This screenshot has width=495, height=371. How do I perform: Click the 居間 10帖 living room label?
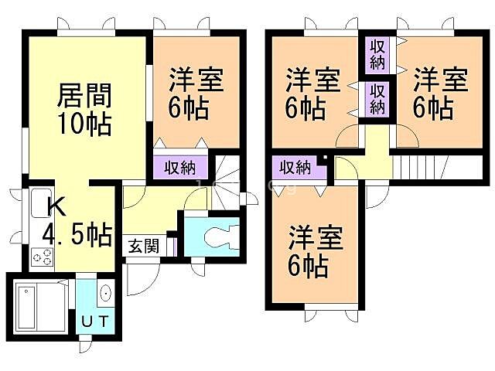click(x=85, y=108)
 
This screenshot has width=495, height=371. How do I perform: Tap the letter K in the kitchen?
click(x=56, y=207)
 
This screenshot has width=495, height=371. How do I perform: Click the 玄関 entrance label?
click(x=144, y=247)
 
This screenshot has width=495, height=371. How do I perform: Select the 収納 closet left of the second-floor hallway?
click(x=295, y=166)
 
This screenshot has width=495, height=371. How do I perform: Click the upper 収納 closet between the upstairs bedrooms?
click(x=377, y=55)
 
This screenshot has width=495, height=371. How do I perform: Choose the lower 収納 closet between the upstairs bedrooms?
click(x=377, y=98)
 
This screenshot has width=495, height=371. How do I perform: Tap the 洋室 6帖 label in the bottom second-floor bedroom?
click(x=316, y=251)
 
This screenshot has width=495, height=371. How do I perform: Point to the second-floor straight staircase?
click(x=422, y=165)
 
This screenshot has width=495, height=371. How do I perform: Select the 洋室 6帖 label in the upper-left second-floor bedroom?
click(x=313, y=92)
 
